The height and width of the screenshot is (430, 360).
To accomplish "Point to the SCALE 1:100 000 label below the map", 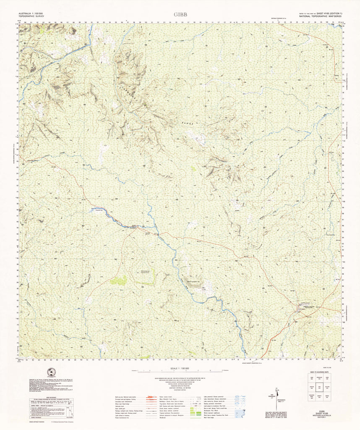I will (180, 368).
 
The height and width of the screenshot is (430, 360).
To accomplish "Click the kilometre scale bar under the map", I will (180, 372).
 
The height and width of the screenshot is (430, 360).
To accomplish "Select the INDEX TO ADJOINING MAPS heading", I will (318, 372).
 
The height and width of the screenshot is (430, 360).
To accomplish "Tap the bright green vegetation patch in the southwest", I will (119, 280).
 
